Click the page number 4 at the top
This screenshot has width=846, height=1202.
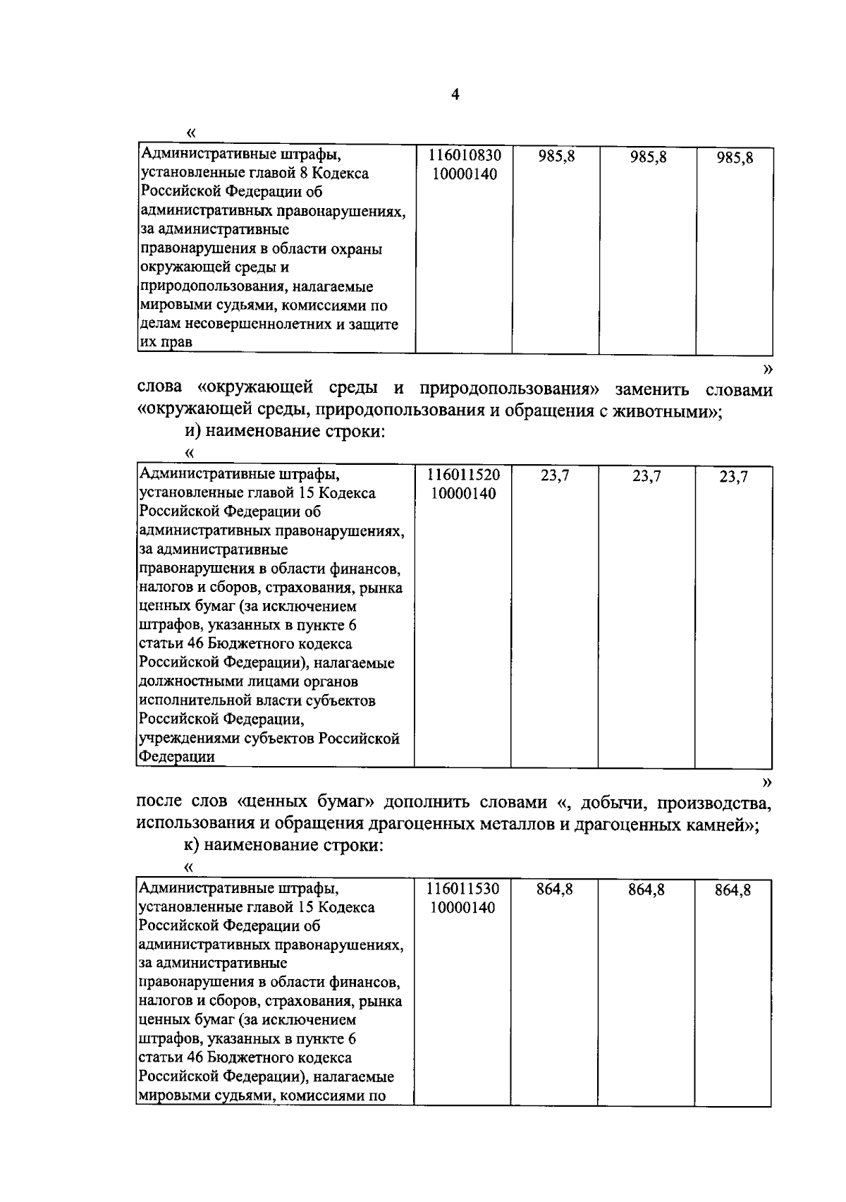pyautogui.click(x=455, y=95)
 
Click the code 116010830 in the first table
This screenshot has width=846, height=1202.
pyautogui.click(x=464, y=155)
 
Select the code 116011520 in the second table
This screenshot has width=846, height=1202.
pyautogui.click(x=464, y=475)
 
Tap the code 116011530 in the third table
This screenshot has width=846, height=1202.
pyautogui.click(x=463, y=889)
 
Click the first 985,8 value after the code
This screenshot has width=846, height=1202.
pyautogui.click(x=556, y=157)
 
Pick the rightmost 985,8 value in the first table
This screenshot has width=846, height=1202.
pyautogui.click(x=735, y=158)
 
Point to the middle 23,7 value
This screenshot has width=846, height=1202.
pyautogui.click(x=646, y=476)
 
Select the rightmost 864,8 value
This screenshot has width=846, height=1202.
pyautogui.click(x=733, y=890)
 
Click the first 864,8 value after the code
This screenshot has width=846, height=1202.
pyautogui.click(x=555, y=890)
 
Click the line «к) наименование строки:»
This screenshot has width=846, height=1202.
pyautogui.click(x=279, y=846)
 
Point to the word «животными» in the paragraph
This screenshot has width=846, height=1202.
pyautogui.click(x=666, y=411)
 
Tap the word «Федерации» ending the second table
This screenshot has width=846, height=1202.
pyautogui.click(x=176, y=757)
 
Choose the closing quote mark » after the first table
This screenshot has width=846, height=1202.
pyautogui.click(x=768, y=368)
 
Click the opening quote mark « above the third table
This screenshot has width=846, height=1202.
pyautogui.click(x=188, y=866)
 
